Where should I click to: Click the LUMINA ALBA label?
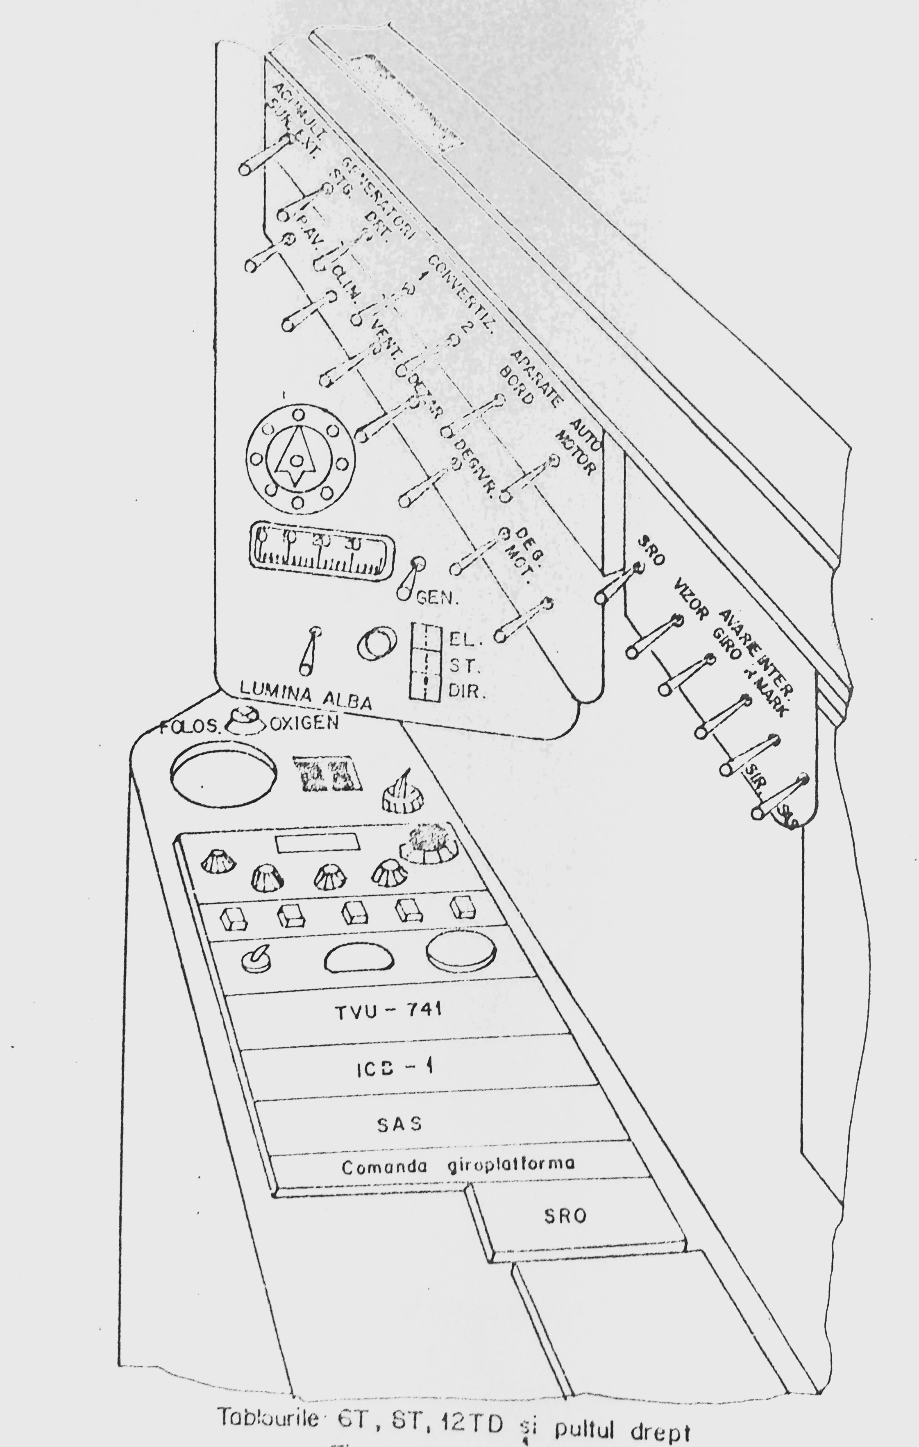point(305,697)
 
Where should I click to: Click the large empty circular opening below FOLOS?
point(223,774)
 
